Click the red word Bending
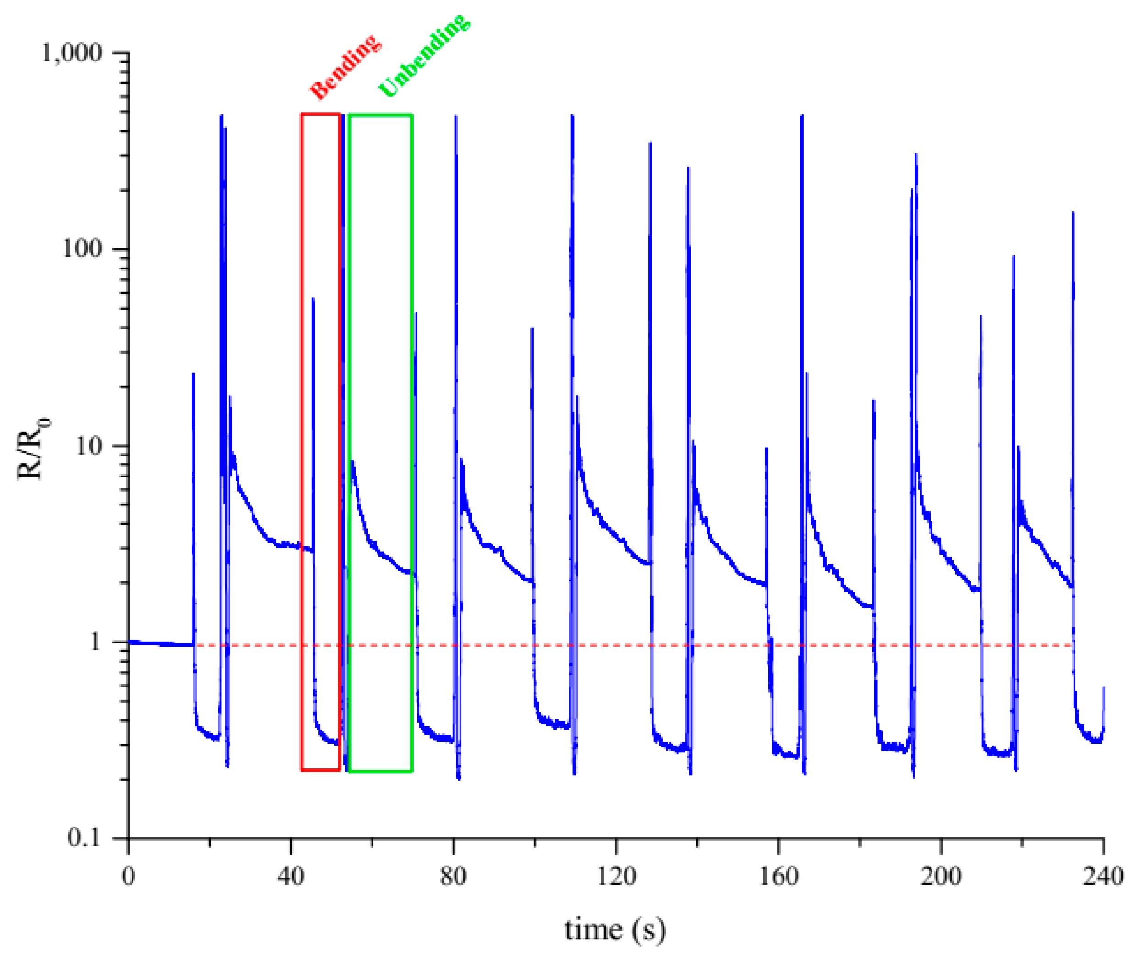pyautogui.click(x=345, y=66)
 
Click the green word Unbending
pyautogui.click(x=424, y=55)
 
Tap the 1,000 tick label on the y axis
pyautogui.click(x=72, y=53)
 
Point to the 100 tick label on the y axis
pyautogui.click(x=82, y=249)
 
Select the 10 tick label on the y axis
pyautogui.click(x=89, y=446)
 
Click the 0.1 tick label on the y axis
pyautogui.click(x=84, y=838)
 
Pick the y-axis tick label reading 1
pyautogui.click(x=96, y=642)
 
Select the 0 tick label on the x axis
pyautogui.click(x=128, y=876)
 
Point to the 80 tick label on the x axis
pyautogui.click(x=453, y=876)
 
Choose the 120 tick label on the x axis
pyautogui.click(x=616, y=876)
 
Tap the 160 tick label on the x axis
pyautogui.click(x=778, y=876)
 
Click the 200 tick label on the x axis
pyautogui.click(x=941, y=876)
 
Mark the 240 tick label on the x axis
pyautogui.click(x=1103, y=876)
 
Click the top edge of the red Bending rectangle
pyautogui.click(x=321, y=114)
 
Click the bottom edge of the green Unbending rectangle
pyautogui.click(x=380, y=771)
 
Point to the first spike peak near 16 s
pyautogui.click(x=193, y=374)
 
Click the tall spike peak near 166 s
pyautogui.click(x=801, y=116)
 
